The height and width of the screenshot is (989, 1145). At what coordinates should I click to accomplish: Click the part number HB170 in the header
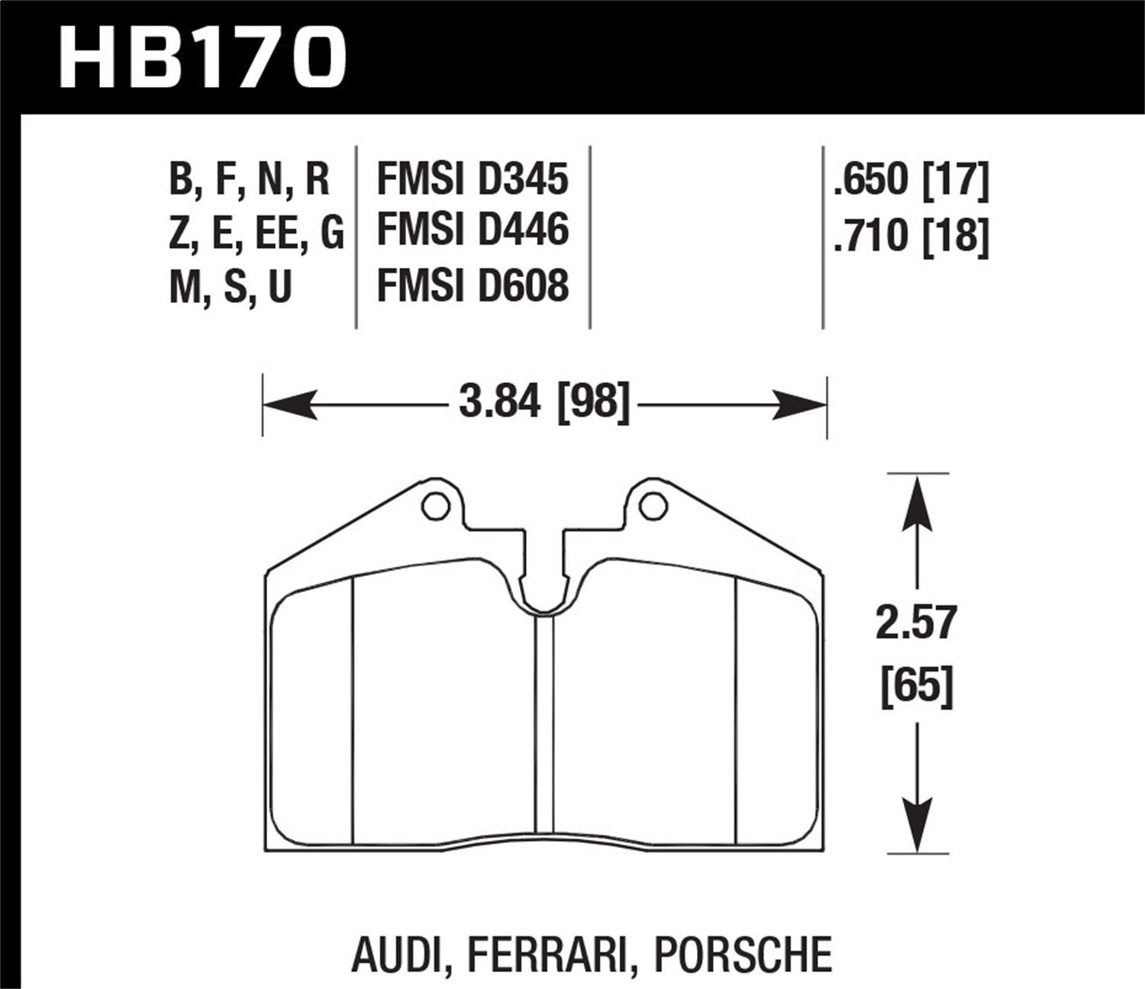coord(202,57)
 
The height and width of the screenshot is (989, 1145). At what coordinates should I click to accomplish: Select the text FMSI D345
coord(473,179)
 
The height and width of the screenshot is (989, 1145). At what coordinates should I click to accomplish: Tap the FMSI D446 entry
coord(473,230)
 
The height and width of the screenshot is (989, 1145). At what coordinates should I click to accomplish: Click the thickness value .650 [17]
coord(911,180)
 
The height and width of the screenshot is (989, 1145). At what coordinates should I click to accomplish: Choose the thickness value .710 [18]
coord(911,234)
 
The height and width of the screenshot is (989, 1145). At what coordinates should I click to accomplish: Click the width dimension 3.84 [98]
coord(544,401)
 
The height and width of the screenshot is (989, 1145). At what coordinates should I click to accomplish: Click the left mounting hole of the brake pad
coord(435,506)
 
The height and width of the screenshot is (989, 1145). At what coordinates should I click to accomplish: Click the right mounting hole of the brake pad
coord(653,506)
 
